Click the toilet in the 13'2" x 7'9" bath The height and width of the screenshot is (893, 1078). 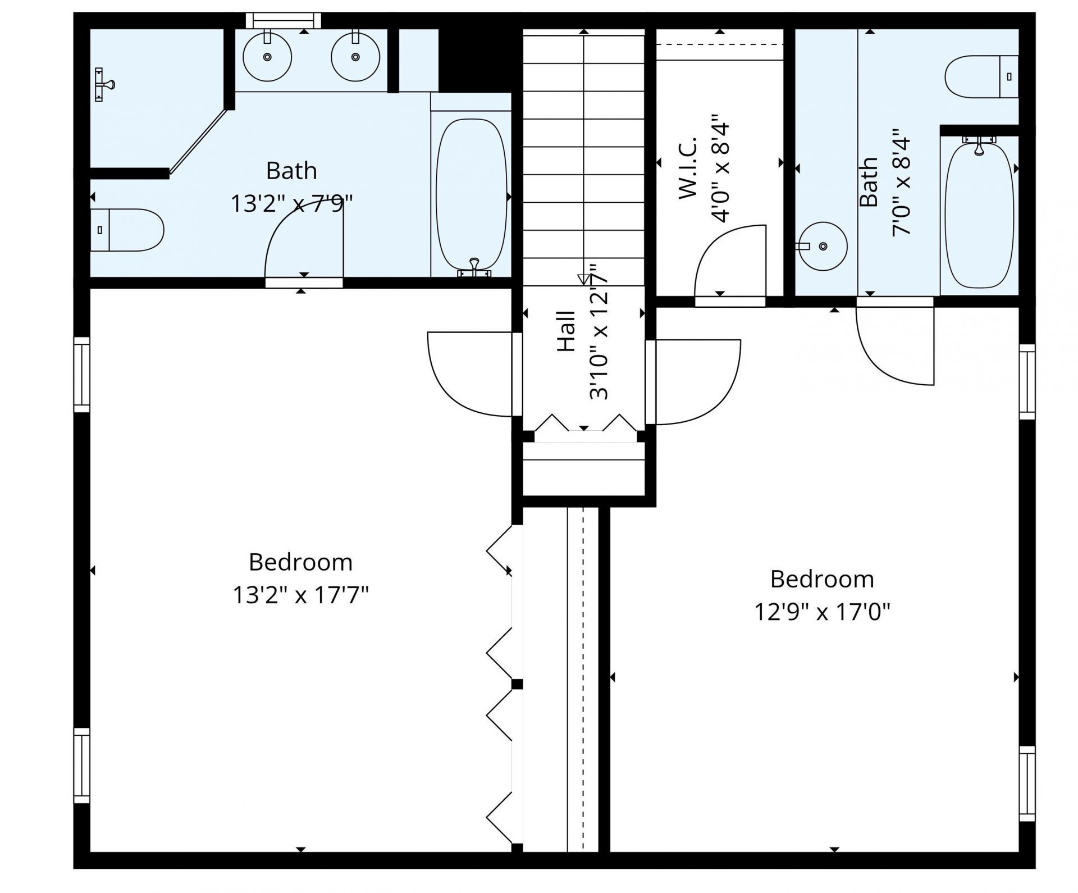(x=127, y=230)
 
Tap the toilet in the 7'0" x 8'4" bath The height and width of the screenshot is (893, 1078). (x=981, y=76)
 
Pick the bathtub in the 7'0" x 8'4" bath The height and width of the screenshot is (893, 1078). (x=980, y=216)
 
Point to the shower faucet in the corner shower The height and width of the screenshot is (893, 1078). (x=104, y=85)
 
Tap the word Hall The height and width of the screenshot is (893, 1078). (x=567, y=331)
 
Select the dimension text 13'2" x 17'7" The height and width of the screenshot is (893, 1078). (x=300, y=595)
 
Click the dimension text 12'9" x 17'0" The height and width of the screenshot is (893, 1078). (x=822, y=612)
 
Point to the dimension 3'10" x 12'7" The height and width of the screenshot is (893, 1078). (x=599, y=332)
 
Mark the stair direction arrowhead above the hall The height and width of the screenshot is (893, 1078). (x=584, y=279)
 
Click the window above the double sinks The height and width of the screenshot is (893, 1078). (x=284, y=20)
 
